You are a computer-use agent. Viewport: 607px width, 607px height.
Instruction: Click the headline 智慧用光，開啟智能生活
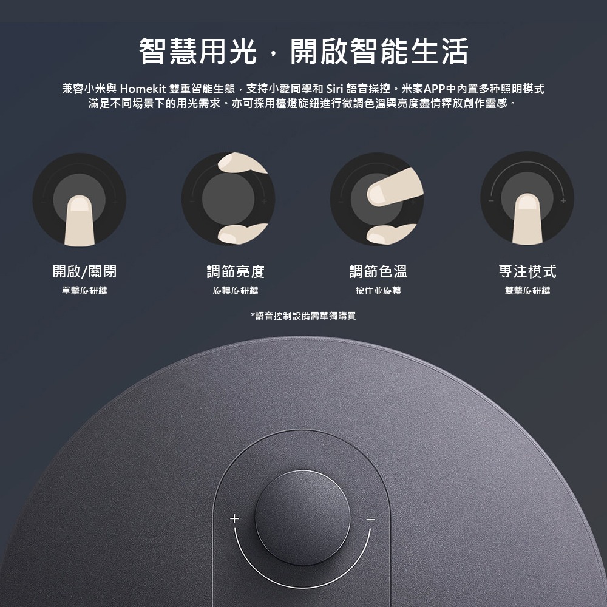coord(303,51)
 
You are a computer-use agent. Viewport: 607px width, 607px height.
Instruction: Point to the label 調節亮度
coord(236,271)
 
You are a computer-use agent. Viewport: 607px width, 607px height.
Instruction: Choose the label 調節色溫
coord(378,271)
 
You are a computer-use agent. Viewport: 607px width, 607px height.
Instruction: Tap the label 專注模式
coord(527,271)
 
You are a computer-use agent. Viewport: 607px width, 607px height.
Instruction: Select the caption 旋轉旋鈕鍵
coord(236,291)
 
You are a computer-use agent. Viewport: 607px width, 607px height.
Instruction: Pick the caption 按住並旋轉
coord(378,291)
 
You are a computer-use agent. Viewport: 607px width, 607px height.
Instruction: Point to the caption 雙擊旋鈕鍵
coord(527,291)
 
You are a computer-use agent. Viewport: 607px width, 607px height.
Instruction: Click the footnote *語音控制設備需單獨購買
coord(303,316)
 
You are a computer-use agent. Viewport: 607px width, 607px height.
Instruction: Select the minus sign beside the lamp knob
coord(371,520)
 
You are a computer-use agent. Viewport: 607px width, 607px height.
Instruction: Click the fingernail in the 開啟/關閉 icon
coord(79,203)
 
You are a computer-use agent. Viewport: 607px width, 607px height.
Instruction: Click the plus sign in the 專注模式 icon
coord(563,200)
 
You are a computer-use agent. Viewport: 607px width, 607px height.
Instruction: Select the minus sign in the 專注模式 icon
coord(492,200)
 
